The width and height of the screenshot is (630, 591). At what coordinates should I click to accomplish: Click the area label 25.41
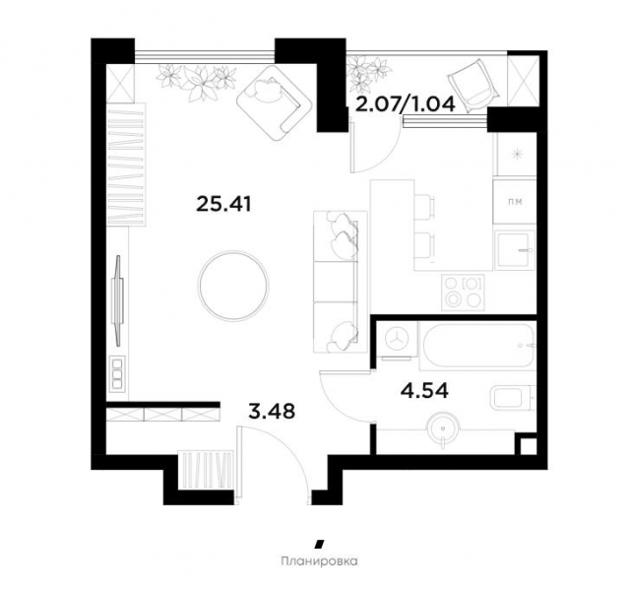tap(225, 206)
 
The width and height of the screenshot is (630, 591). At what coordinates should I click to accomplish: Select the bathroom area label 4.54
tap(425, 389)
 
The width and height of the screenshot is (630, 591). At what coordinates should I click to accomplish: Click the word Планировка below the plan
tap(317, 564)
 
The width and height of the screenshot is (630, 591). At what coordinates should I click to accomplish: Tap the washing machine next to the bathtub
tap(398, 339)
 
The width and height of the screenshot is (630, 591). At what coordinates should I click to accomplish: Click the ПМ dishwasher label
tap(513, 203)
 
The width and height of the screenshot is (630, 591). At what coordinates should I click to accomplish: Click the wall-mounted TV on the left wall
tap(119, 289)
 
